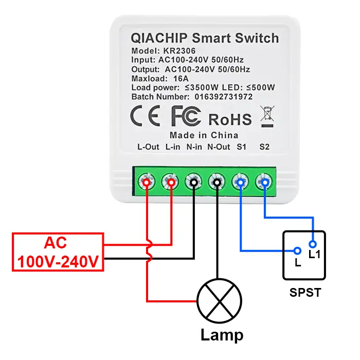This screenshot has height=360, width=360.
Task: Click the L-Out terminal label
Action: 148,147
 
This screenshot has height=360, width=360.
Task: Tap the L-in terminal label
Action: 173,147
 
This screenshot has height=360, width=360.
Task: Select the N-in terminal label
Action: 194,147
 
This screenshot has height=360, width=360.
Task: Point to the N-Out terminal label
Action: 219,147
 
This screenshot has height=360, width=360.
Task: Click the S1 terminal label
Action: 241,147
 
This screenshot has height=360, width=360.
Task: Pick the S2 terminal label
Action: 264,147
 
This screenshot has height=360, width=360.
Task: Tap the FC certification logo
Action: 186,117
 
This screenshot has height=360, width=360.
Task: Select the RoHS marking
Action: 230,119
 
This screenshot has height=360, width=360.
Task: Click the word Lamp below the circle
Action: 222,335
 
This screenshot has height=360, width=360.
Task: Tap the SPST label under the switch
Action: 305,293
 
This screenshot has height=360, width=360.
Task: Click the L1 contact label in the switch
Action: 314,254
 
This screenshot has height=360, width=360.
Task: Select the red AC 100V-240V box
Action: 58,252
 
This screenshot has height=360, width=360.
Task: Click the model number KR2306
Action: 179,51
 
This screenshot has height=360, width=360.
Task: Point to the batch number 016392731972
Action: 223,97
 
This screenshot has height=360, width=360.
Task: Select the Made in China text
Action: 204,135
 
